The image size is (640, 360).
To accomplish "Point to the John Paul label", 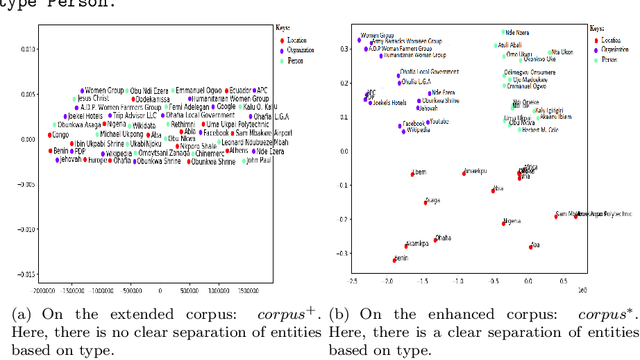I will point(257,158).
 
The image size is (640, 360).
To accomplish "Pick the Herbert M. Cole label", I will point(552,130).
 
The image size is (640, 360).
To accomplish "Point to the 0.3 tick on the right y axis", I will point(344,48).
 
